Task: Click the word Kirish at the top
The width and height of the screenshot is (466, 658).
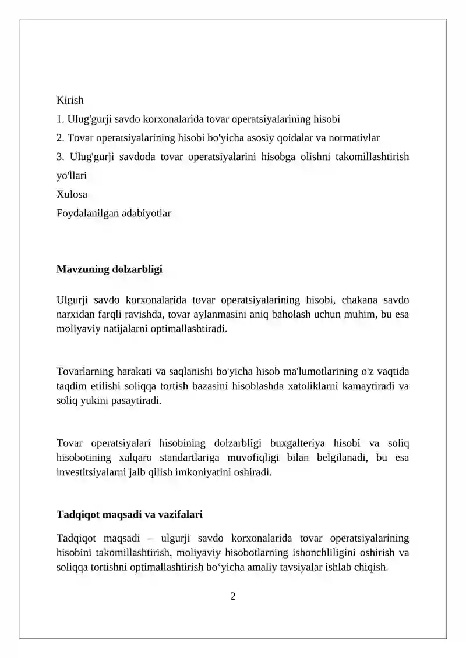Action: (x=70, y=100)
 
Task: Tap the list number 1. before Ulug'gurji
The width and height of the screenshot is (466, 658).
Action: (x=60, y=119)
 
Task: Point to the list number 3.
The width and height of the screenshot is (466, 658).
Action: (x=60, y=157)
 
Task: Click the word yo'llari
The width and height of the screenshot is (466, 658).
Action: (x=71, y=175)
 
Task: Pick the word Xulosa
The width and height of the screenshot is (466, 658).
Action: (x=72, y=194)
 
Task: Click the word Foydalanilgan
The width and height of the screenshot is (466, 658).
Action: (x=84, y=213)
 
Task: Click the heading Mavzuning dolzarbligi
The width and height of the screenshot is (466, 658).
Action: (x=110, y=269)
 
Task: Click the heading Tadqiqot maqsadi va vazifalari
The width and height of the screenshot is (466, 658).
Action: (x=129, y=514)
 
